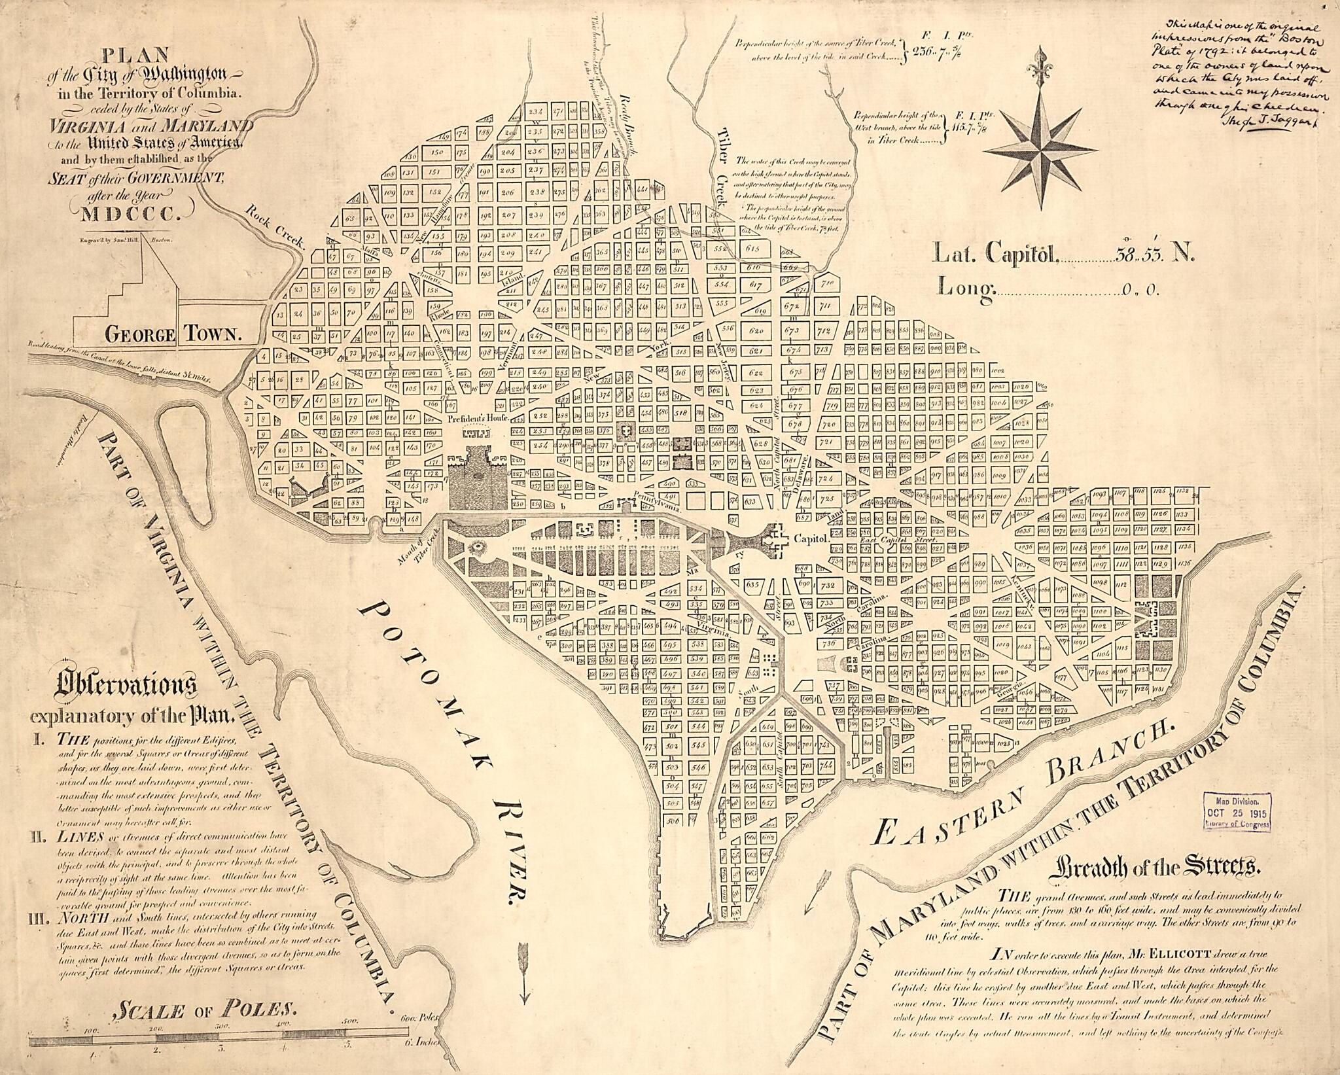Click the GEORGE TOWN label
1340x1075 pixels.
click(174, 334)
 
